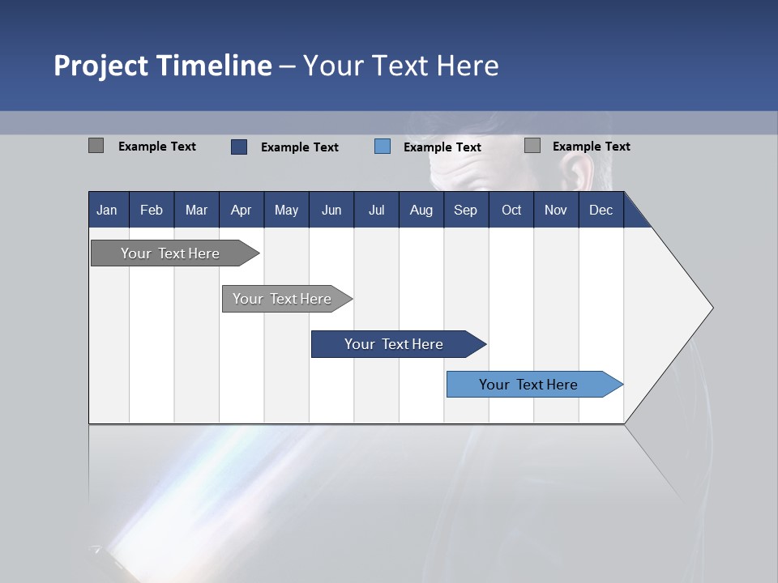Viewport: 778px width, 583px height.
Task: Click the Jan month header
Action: click(107, 211)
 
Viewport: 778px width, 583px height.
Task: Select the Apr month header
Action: click(241, 211)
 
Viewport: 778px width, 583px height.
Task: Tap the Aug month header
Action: click(421, 211)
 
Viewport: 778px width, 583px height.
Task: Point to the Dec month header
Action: click(601, 211)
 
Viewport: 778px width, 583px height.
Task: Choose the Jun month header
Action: click(331, 211)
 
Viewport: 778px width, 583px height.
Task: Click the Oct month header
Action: click(511, 211)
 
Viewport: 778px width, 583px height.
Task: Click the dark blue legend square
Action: click(238, 147)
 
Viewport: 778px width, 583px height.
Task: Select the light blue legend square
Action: click(383, 147)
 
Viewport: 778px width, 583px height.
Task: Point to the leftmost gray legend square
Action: click(96, 146)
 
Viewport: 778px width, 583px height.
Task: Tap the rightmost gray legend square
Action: click(532, 146)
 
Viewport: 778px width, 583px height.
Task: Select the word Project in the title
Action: click(100, 66)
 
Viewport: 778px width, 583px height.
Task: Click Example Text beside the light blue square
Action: click(442, 147)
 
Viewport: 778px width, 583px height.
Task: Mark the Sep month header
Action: click(465, 211)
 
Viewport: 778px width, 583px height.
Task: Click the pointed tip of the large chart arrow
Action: click(711, 308)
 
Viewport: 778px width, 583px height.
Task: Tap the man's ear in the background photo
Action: click(576, 172)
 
